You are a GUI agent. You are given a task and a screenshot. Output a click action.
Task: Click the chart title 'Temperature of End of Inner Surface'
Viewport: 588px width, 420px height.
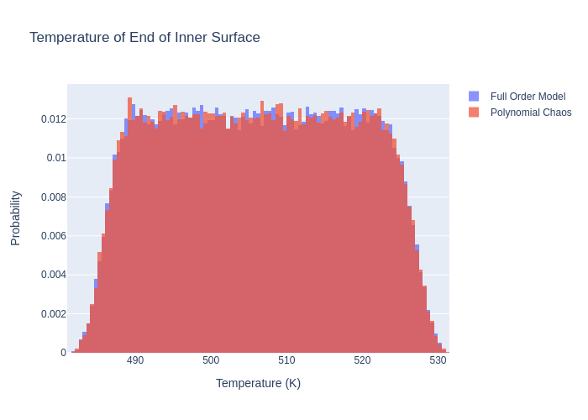click(144, 38)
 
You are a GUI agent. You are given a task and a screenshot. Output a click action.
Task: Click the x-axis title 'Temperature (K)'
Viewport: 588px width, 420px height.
click(258, 383)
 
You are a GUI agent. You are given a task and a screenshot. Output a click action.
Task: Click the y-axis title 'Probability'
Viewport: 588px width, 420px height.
click(15, 218)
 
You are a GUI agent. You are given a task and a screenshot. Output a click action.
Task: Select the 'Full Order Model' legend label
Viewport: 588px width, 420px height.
click(528, 97)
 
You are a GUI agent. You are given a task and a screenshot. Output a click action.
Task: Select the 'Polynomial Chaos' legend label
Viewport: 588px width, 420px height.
click(531, 113)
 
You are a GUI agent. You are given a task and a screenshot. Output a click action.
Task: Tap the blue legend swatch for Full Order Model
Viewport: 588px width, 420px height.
click(474, 97)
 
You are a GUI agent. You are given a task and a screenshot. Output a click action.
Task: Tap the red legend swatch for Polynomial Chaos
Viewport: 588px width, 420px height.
click(474, 113)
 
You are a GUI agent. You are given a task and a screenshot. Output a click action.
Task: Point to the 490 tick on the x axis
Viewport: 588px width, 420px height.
click(135, 360)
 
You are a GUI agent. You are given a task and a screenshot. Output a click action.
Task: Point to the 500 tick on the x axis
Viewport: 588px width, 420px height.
click(211, 360)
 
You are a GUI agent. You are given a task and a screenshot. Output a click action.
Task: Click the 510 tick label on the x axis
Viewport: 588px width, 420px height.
click(286, 360)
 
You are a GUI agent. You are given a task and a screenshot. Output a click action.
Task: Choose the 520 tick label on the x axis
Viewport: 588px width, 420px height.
click(362, 360)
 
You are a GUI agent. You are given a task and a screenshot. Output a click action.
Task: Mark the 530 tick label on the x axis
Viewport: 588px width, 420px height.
click(438, 360)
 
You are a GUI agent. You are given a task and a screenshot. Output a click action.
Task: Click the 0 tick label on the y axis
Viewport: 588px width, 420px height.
click(63, 353)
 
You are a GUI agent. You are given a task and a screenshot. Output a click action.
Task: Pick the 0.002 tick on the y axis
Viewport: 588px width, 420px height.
click(52, 314)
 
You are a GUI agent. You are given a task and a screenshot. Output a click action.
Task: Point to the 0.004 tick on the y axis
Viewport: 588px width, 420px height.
click(52, 275)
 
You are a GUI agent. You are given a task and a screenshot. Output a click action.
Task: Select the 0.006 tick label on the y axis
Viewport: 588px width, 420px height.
click(52, 236)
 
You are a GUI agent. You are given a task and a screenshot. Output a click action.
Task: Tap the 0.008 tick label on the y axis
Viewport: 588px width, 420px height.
click(52, 197)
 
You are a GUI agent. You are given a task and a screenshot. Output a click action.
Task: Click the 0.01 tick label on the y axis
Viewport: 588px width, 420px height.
click(55, 158)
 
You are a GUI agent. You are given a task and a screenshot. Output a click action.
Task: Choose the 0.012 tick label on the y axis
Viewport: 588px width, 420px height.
click(52, 119)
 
